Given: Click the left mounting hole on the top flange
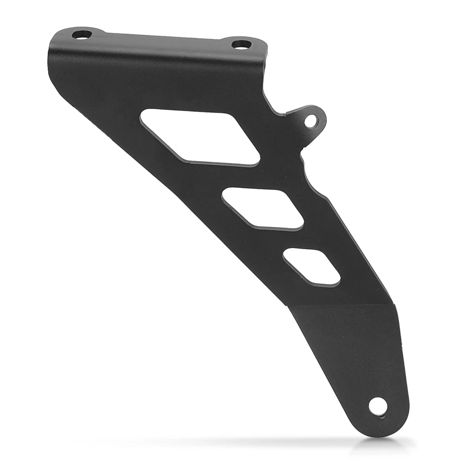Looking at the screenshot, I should [82, 34].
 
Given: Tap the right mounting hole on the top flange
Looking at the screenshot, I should [242, 45].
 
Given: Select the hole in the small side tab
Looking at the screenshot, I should [311, 121].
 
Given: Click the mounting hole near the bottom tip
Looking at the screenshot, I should [378, 406].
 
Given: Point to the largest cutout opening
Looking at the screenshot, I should [200, 137].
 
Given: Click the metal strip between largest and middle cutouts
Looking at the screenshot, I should [235, 177].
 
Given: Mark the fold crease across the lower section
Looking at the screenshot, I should [341, 305].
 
